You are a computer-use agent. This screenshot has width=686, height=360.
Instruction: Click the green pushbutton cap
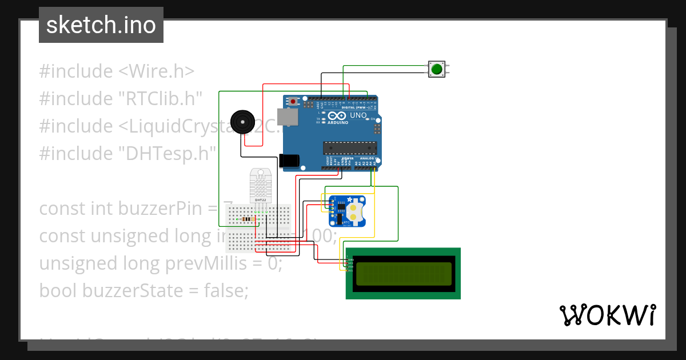click(437, 69)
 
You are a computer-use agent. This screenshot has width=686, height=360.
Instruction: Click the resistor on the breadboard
click(247, 219)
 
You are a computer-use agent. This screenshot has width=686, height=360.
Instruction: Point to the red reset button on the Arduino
click(293, 102)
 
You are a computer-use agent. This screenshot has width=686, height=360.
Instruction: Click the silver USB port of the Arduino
click(287, 117)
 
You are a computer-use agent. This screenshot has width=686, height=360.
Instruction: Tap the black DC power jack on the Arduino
click(289, 161)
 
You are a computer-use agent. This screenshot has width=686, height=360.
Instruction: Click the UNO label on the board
click(358, 115)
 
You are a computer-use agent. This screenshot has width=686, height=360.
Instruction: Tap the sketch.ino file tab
click(101, 25)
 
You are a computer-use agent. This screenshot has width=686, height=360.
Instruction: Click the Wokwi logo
click(607, 315)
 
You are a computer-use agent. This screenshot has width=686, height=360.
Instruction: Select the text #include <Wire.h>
click(117, 71)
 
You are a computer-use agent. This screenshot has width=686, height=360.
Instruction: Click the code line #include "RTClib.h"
click(121, 99)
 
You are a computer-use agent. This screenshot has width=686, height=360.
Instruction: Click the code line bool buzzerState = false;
click(143, 291)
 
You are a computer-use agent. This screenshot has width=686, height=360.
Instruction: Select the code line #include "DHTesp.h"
click(128, 154)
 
